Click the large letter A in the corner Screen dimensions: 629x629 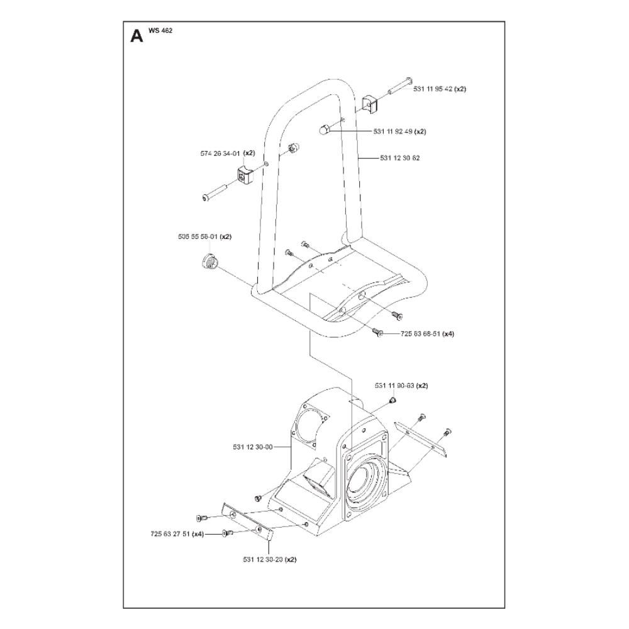pyautogui.click(x=135, y=35)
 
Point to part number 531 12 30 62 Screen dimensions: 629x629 pyautogui.click(x=400, y=158)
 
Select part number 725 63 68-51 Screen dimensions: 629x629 pyautogui.click(x=420, y=334)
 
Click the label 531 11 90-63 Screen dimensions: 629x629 pyautogui.click(x=394, y=386)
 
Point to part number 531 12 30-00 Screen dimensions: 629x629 pyautogui.click(x=252, y=447)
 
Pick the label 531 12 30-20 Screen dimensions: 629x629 pyautogui.click(x=262, y=559)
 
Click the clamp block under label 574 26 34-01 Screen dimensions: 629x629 pyautogui.click(x=244, y=174)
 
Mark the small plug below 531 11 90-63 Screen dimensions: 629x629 pyautogui.click(x=391, y=400)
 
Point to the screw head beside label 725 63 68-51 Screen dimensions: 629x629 pyautogui.click(x=379, y=333)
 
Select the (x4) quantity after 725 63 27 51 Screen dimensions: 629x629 pyautogui.click(x=198, y=534)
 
